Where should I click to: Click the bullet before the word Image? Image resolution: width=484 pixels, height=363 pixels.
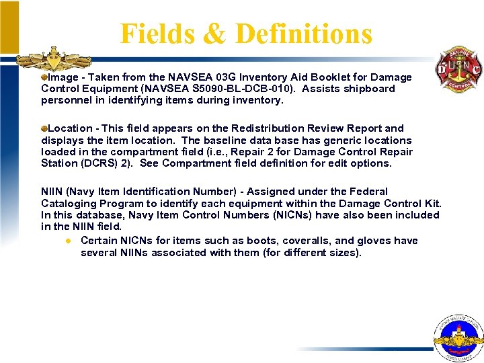44,77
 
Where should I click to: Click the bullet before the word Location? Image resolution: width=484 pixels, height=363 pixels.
44,128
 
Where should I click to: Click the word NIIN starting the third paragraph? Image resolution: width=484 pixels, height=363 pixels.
52,192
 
